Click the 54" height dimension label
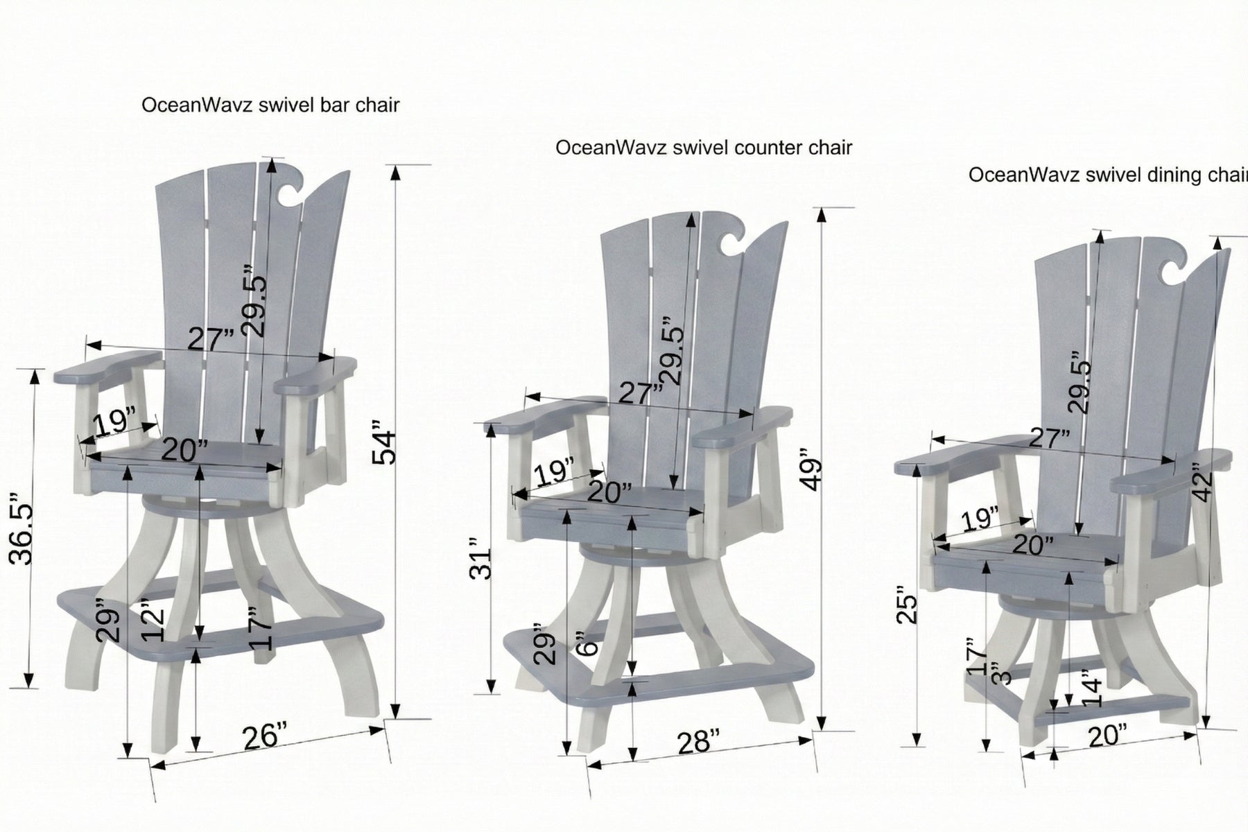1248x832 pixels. [x=384, y=447]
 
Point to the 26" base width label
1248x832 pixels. [x=265, y=736]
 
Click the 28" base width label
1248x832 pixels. [x=694, y=742]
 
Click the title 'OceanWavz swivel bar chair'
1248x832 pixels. [x=270, y=105]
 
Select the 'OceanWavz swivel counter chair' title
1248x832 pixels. [x=703, y=148]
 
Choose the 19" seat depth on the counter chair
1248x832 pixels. [x=555, y=473]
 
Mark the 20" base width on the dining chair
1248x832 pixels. [x=1107, y=736]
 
